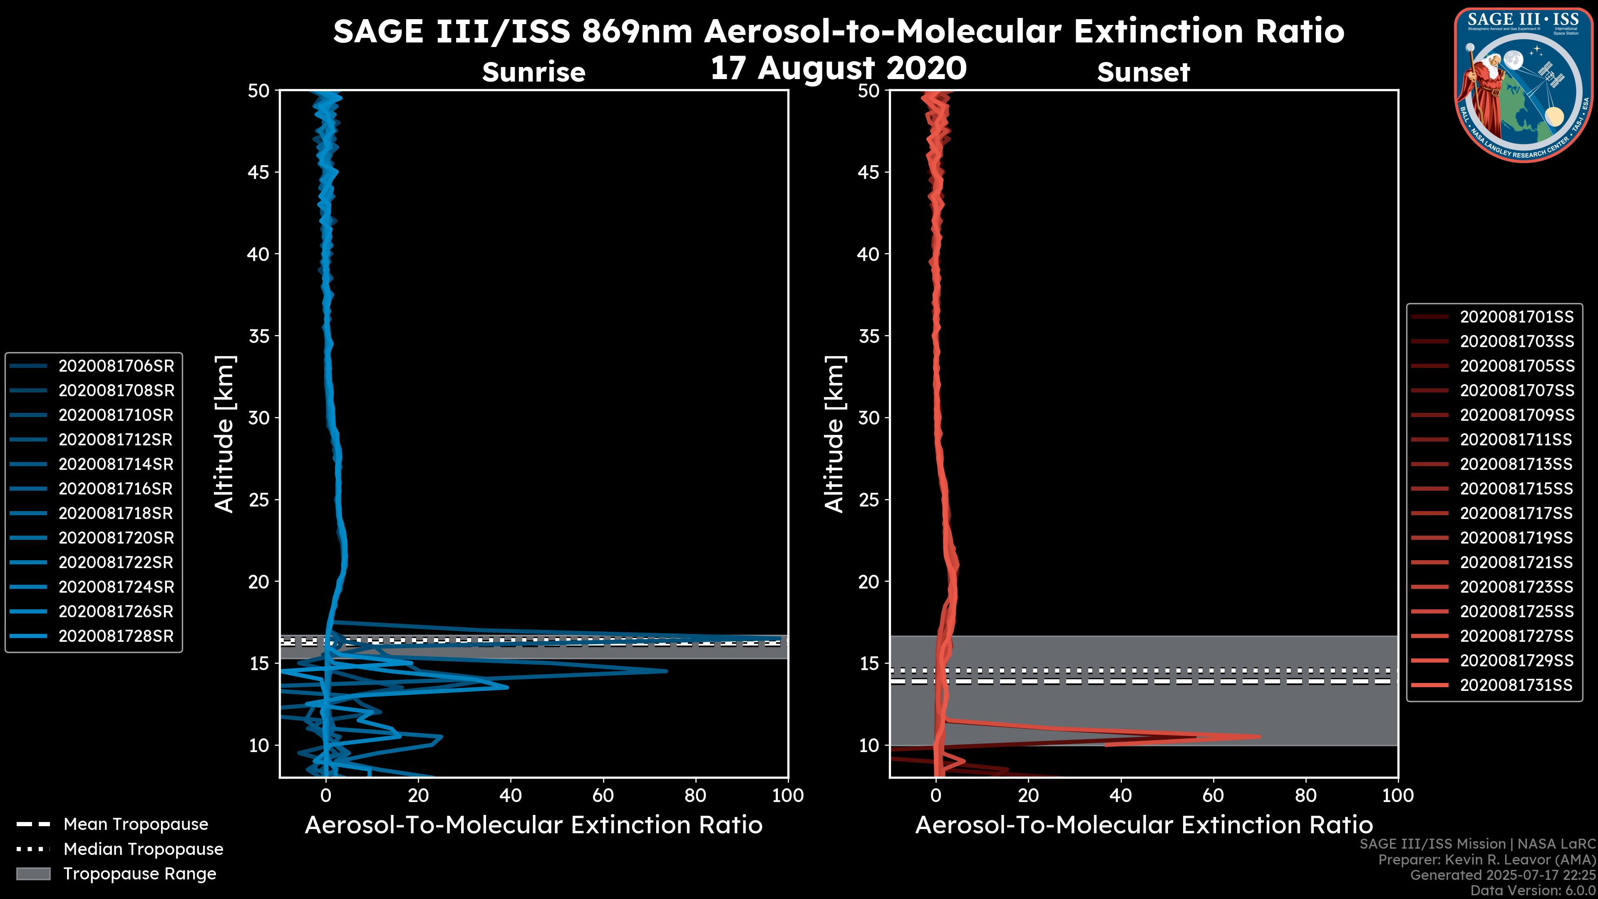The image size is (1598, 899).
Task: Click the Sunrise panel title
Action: point(533,72)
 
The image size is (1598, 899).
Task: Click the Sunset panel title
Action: point(1143,72)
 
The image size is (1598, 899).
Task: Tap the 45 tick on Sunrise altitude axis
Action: point(259,172)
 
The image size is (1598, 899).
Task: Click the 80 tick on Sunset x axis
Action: point(1306,795)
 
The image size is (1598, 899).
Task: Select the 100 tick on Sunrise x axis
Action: point(788,795)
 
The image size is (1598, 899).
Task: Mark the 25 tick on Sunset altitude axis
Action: point(869,499)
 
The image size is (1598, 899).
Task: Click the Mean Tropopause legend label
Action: point(136,824)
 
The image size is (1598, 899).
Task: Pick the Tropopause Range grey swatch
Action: point(33,874)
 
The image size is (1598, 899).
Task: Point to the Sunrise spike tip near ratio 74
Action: point(667,671)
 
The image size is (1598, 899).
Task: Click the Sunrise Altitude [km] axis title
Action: point(225,434)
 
